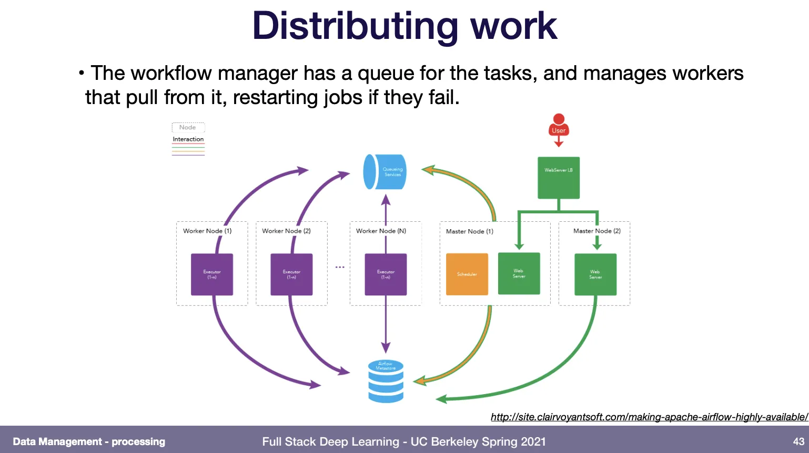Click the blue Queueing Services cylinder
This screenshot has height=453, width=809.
(x=385, y=172)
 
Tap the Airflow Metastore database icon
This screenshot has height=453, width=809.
(x=386, y=382)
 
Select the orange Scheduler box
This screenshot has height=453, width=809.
(x=467, y=274)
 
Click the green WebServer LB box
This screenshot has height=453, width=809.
(x=559, y=178)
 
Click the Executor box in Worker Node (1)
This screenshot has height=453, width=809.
(x=212, y=274)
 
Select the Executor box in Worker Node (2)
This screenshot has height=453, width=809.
(x=291, y=274)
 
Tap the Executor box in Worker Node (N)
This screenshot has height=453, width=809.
(x=386, y=274)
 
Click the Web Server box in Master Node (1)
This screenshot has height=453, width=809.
(x=519, y=274)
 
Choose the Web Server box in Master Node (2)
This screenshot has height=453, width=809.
(x=595, y=274)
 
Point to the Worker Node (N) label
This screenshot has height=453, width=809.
(x=381, y=231)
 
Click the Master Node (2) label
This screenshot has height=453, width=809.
(x=597, y=231)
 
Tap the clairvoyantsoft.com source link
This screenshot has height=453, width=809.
(x=649, y=417)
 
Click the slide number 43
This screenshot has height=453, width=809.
(x=798, y=441)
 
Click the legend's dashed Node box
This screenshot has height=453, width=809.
(x=188, y=127)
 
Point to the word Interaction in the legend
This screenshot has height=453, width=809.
(x=188, y=139)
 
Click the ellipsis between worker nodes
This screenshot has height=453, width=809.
(x=340, y=267)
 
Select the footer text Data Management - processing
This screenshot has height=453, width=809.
(x=89, y=441)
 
